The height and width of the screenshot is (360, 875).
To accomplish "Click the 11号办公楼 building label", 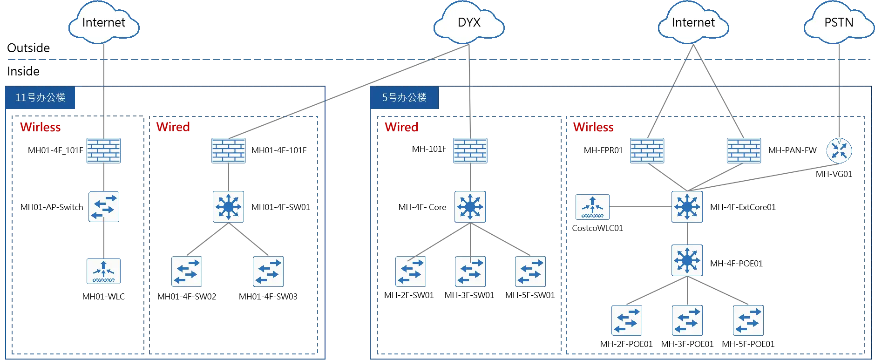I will click(41, 98).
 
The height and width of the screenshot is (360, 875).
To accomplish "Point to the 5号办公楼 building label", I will click(404, 98).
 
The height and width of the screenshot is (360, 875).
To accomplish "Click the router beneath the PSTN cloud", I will click(839, 151).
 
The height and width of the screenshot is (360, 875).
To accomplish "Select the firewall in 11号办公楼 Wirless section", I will click(104, 151).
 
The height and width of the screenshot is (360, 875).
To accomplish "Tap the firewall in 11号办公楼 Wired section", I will click(228, 151).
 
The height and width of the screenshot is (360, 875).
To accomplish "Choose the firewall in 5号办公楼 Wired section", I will click(469, 151).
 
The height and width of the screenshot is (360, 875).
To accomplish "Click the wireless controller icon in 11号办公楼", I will click(104, 272).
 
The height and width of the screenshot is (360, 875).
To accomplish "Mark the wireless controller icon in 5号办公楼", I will click(592, 207).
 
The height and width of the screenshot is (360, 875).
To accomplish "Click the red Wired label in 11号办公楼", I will click(173, 127).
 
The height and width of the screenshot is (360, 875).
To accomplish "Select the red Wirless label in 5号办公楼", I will click(593, 127).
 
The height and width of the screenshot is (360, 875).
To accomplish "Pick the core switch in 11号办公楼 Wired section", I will click(228, 206).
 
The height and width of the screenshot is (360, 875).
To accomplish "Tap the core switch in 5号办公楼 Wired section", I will click(470, 206).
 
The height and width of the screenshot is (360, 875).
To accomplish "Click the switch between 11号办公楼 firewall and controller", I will click(103, 206).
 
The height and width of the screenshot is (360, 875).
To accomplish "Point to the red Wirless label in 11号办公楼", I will click(41, 127).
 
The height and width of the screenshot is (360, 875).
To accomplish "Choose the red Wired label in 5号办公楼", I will click(401, 127).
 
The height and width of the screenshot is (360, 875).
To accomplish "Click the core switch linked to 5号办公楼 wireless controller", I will click(687, 206).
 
